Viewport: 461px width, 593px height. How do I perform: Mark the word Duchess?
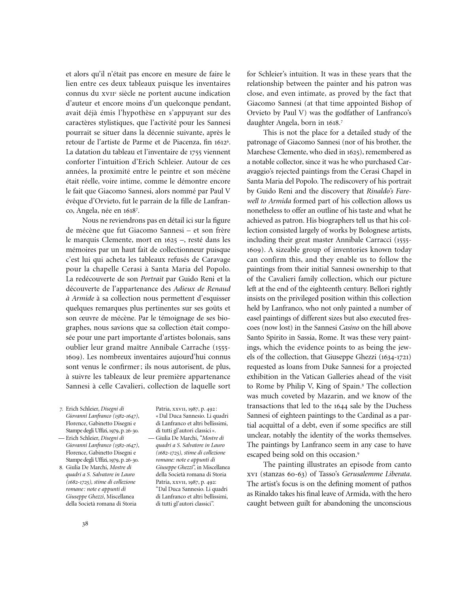pyautogui.click(x=397, y=406)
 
